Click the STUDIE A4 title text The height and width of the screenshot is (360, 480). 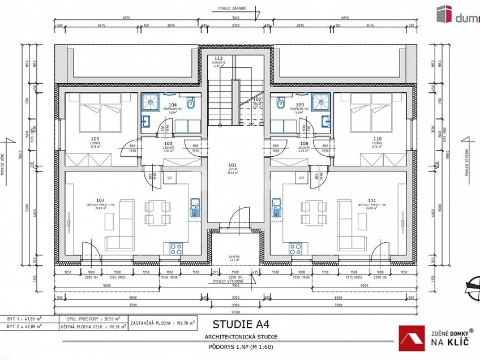(x=238, y=324)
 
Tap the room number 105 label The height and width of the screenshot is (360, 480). (x=95, y=139)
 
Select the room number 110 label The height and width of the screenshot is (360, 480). (x=377, y=139)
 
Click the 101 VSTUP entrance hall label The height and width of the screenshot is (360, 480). (x=232, y=167)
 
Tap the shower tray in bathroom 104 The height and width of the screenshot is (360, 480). (x=151, y=102)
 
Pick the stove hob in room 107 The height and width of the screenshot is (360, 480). (x=175, y=248)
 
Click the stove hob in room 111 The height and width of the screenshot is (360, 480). (x=295, y=248)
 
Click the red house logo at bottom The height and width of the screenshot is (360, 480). (x=411, y=338)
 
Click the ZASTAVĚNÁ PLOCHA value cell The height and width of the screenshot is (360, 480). (x=163, y=323)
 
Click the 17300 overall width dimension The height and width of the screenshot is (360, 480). (x=235, y=312)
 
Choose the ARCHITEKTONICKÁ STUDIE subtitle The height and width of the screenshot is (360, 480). (x=237, y=337)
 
